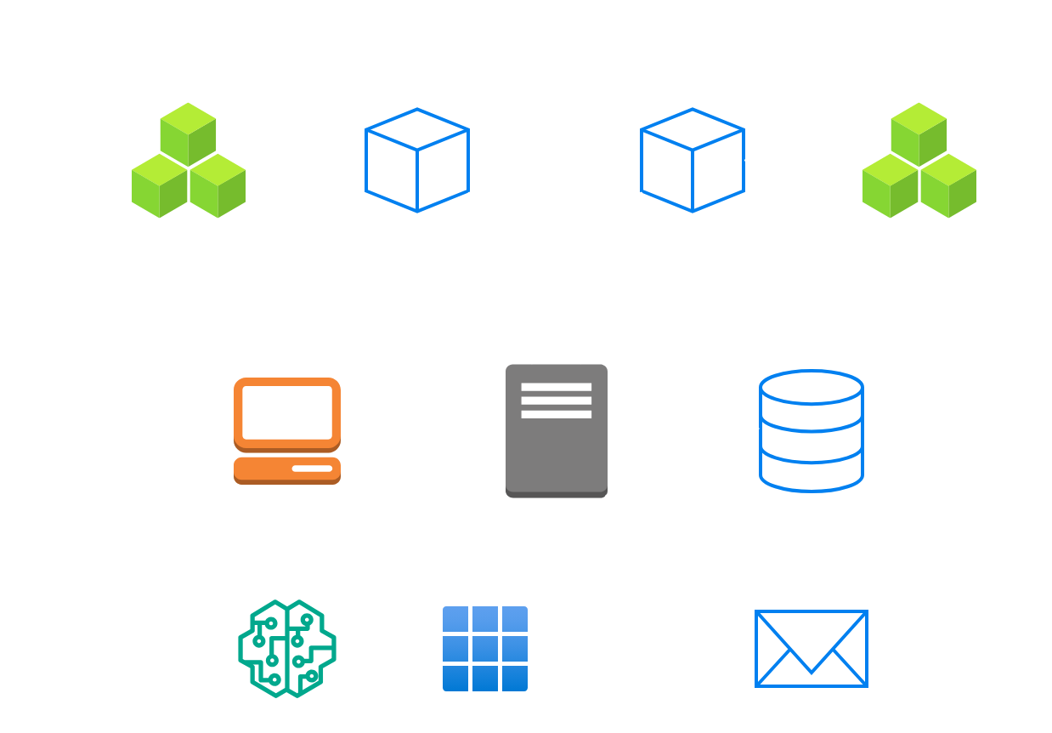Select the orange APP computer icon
click(x=287, y=430)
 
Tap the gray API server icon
click(x=556, y=430)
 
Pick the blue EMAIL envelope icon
click(x=811, y=648)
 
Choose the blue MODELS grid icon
click(x=485, y=648)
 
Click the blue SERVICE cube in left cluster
click(x=416, y=160)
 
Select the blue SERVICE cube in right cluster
click(x=693, y=160)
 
